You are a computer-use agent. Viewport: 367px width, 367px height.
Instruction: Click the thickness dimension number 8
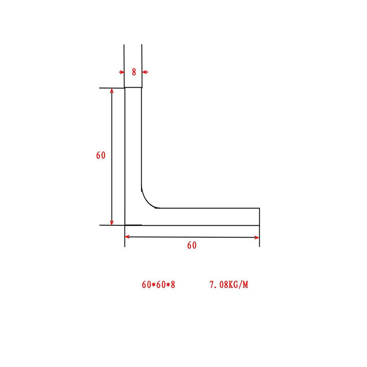[133, 72]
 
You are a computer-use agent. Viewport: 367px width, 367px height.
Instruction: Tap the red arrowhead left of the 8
[122, 72]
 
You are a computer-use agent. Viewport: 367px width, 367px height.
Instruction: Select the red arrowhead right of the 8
[145, 72]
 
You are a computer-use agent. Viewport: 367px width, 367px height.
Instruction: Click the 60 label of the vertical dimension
[101, 156]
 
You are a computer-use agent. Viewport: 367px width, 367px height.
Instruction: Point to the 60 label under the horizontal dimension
[192, 245]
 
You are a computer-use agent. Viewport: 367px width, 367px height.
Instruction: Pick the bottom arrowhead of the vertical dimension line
[112, 222]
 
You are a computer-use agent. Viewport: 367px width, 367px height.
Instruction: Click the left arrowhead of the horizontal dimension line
[128, 237]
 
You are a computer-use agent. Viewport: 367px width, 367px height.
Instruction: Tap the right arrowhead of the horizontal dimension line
[257, 237]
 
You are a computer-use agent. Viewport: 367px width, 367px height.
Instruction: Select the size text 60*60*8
[159, 285]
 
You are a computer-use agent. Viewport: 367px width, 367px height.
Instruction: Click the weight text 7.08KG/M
[228, 285]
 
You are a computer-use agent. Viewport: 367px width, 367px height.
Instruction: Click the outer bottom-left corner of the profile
[125, 225]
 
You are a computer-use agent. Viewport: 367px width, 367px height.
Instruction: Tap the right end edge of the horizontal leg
[260, 217]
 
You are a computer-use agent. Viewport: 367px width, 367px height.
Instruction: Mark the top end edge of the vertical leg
[133, 88]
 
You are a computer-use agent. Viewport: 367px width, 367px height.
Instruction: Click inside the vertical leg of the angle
[133, 147]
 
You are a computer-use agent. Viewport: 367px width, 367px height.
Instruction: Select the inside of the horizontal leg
[206, 217]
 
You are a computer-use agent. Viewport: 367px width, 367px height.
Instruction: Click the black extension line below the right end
[260, 236]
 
